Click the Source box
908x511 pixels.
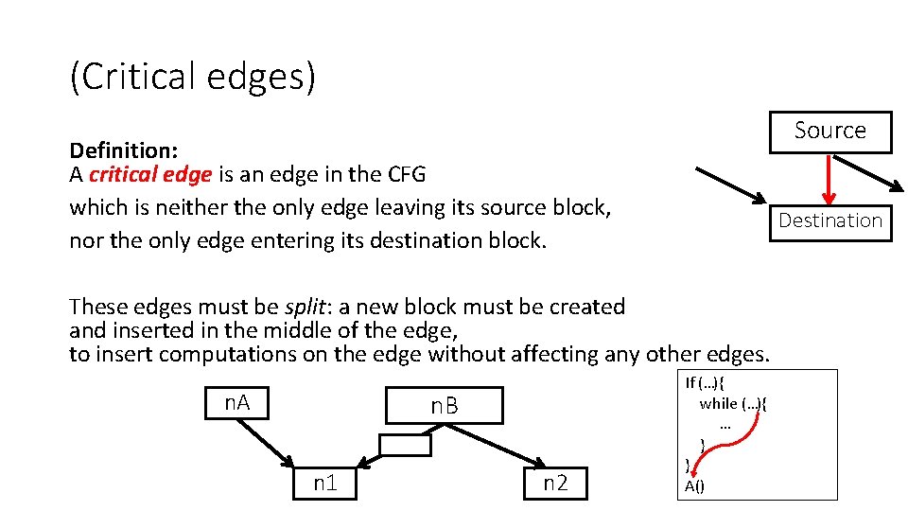point(829,131)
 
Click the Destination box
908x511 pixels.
point(829,221)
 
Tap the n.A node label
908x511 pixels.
point(236,403)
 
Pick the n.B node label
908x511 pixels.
point(444,407)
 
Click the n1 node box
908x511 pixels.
point(325,484)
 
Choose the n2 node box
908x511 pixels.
point(555,484)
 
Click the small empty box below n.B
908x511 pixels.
point(404,445)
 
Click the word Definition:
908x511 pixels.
point(124,150)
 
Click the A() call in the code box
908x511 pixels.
point(694,487)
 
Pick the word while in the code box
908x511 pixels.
point(718,404)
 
